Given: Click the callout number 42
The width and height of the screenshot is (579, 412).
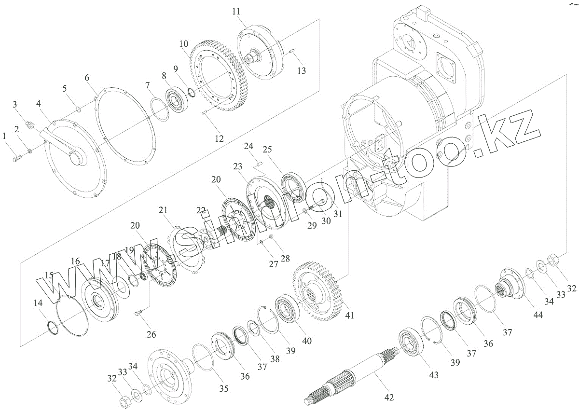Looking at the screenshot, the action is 389,398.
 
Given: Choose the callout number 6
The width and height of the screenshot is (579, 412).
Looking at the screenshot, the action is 87,77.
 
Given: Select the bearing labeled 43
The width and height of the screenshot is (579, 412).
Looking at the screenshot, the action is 410,343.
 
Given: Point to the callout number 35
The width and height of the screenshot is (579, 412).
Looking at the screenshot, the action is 224,388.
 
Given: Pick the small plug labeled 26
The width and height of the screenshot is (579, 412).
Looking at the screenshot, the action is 138,316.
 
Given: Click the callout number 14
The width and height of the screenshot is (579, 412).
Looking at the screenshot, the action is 38,303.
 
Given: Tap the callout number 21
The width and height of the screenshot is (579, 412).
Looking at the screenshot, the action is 164,210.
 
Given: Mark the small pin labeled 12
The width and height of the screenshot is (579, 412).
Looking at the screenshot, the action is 205,113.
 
